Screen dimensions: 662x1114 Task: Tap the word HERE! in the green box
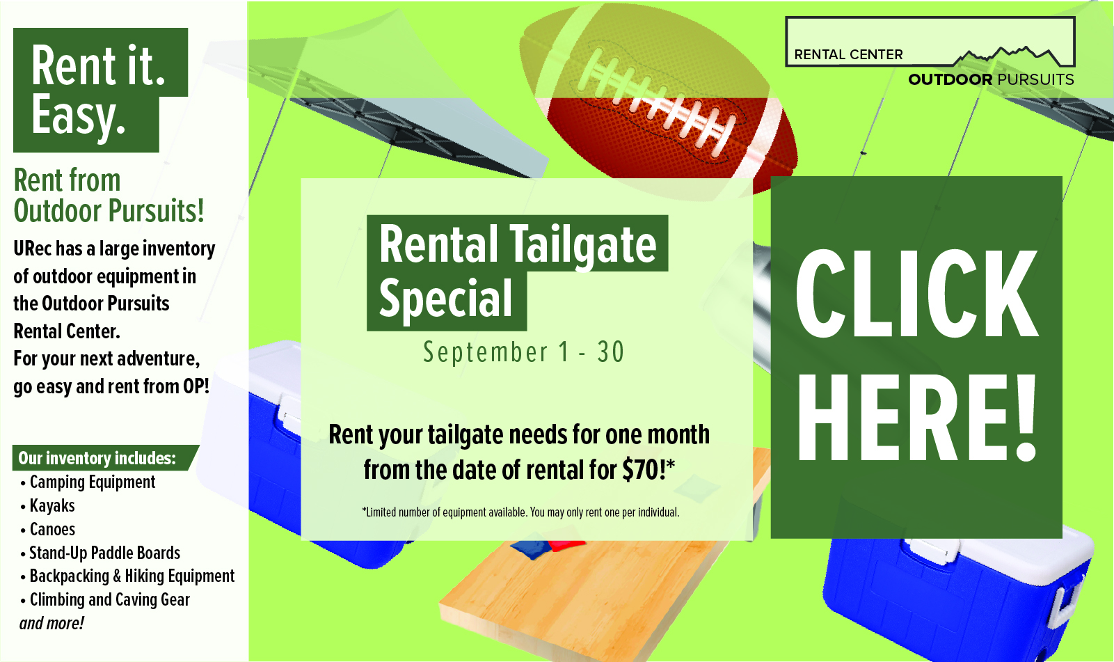[x=916, y=418]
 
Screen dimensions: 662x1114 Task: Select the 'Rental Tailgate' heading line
[x=517, y=244]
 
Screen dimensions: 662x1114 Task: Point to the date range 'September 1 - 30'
[x=523, y=352]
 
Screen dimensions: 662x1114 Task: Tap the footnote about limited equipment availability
[x=520, y=512]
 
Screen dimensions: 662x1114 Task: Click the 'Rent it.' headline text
[x=99, y=65]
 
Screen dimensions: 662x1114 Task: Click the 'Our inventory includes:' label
[x=97, y=458]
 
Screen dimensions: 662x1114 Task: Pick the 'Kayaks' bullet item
[x=52, y=506]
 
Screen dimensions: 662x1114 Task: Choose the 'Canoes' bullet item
[x=52, y=530]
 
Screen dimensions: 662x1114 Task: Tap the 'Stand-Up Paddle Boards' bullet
[x=104, y=553]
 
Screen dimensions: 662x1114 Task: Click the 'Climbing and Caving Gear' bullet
[x=109, y=600]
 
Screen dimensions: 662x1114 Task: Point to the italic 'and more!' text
[x=51, y=623]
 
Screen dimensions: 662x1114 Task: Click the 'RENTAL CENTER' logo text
[x=848, y=54]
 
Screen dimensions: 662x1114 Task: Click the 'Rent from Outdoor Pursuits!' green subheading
[x=109, y=196]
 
